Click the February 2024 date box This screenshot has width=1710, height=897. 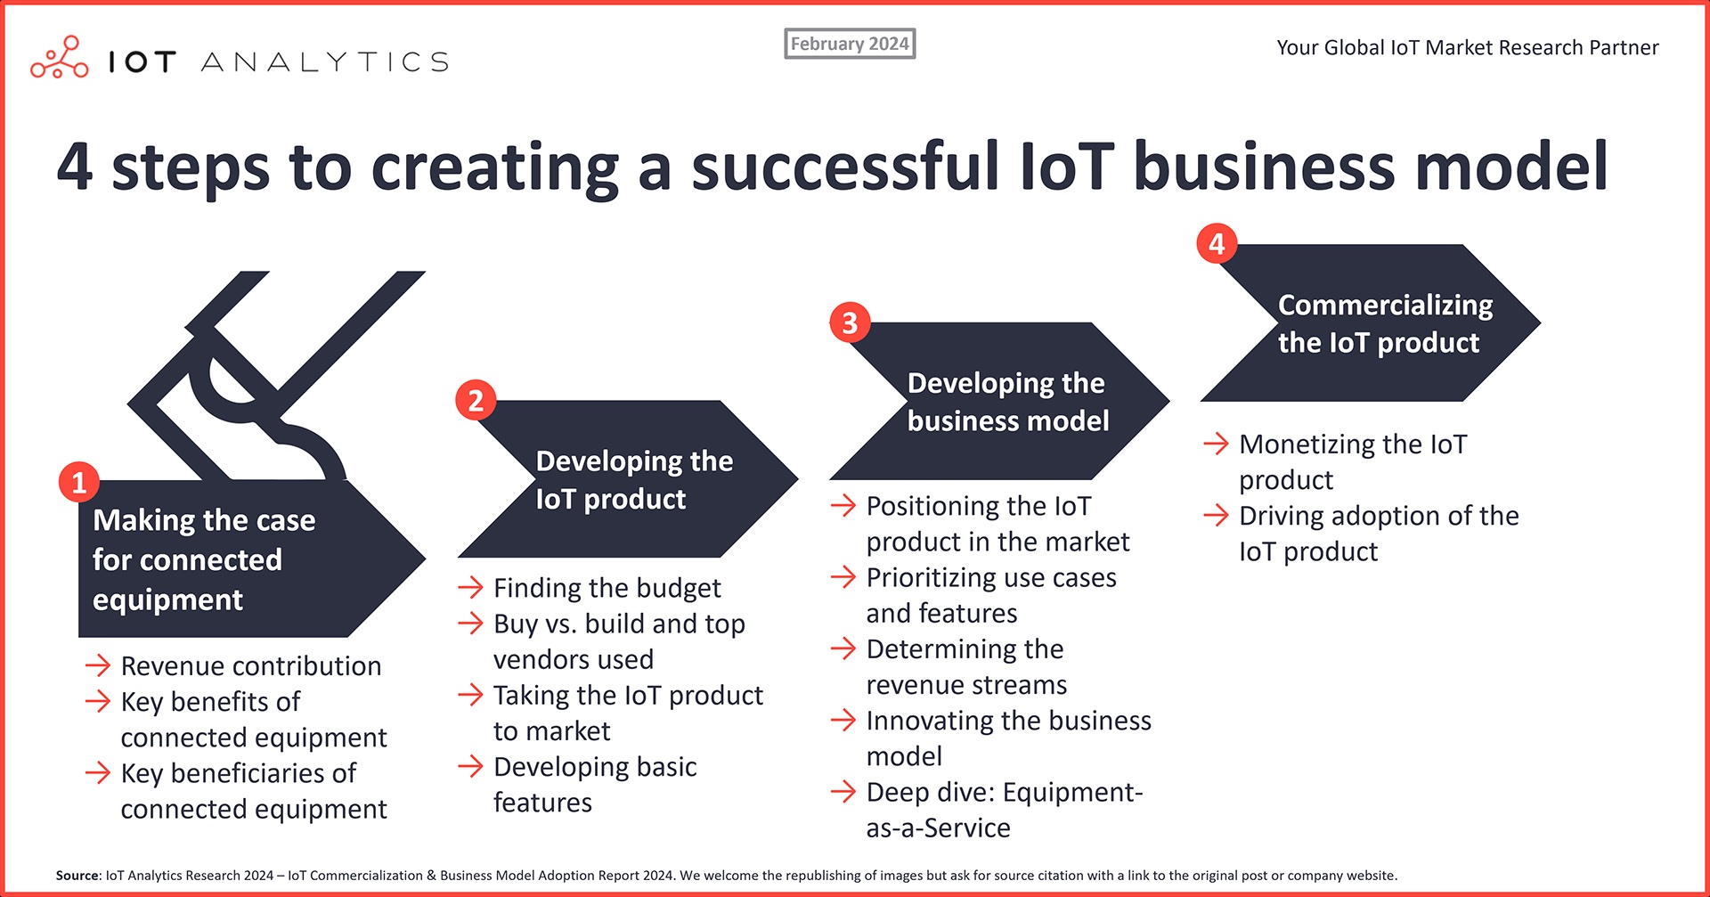point(850,44)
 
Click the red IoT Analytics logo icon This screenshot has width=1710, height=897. point(60,59)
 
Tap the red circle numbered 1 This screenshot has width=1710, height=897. point(79,482)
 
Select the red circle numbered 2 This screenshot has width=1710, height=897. point(476,401)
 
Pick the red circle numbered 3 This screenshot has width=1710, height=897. point(850,322)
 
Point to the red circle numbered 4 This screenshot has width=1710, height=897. point(1217,243)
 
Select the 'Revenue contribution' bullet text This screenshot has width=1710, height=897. point(250,666)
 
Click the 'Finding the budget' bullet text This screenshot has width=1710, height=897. point(607,588)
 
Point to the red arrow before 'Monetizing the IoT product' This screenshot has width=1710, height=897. point(1216,444)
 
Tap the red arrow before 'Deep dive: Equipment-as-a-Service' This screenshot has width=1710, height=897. point(843,792)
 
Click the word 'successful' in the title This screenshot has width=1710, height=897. point(845,167)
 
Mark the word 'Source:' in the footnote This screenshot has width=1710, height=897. point(77,876)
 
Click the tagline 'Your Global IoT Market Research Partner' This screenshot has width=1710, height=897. point(1467,48)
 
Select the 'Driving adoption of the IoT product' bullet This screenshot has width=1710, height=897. point(1378,533)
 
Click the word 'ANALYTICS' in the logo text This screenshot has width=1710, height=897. point(325,61)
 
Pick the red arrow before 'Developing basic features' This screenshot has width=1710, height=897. point(470,767)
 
